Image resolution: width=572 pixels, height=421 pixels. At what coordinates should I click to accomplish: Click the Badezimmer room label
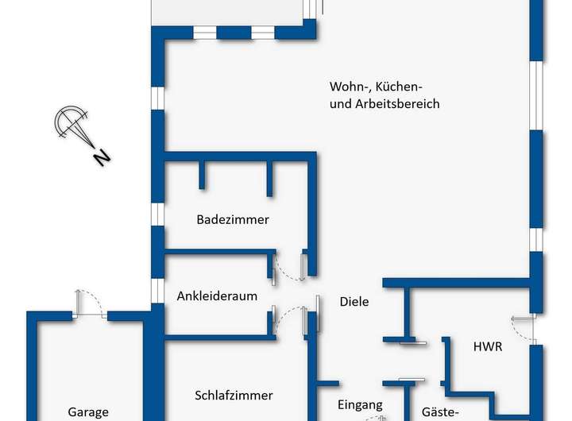(x=233, y=220)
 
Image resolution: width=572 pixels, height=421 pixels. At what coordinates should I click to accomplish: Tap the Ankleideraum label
(x=217, y=296)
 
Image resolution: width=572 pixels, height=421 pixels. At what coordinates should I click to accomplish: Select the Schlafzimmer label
(x=234, y=395)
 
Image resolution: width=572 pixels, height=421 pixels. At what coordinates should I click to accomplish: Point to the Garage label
(x=87, y=412)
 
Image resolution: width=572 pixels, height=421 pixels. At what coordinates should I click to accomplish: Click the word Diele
(x=354, y=301)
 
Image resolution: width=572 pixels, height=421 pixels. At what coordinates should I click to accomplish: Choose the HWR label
(x=487, y=346)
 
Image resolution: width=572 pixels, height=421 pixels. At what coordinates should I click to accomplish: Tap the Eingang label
(x=360, y=404)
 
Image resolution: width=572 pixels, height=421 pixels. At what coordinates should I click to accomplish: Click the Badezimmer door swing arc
(x=288, y=270)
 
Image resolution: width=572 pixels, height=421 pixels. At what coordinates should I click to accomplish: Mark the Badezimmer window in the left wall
(x=157, y=214)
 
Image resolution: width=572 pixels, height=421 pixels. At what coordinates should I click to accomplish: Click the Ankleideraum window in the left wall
(x=157, y=290)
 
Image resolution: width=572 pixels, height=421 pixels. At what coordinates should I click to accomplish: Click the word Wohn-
(x=347, y=86)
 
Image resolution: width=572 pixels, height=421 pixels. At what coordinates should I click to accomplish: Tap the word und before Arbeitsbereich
(x=339, y=104)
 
